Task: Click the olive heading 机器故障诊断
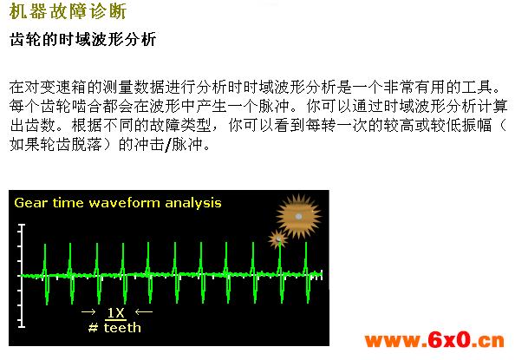coord(68,11)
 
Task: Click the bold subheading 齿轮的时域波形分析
coord(82,40)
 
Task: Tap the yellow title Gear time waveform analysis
coord(118,203)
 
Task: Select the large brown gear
coord(298,216)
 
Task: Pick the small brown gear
coord(277,239)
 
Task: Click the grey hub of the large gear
coord(298,216)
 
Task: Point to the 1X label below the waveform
coord(116,313)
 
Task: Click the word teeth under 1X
coord(122,328)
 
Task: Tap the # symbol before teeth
coord(94,328)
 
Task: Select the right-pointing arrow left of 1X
coord(88,311)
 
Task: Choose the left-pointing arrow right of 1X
coord(144,311)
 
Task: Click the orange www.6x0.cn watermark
coord(434,340)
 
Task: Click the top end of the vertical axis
coord(22,225)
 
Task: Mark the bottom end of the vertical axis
coord(22,326)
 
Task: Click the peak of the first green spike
coord(45,245)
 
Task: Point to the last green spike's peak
coord(306,243)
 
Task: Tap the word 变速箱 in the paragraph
coord(55,87)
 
